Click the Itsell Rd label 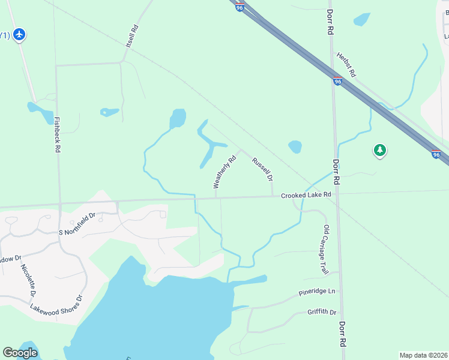133,37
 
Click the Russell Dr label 263,169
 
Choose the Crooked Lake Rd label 306,195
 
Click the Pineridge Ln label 317,293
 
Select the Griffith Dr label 322,312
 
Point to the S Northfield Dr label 77,224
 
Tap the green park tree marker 379,150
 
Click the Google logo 20,353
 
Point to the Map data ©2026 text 423,355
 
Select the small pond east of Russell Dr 295,147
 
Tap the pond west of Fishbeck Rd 40,112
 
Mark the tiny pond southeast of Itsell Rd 109,112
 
